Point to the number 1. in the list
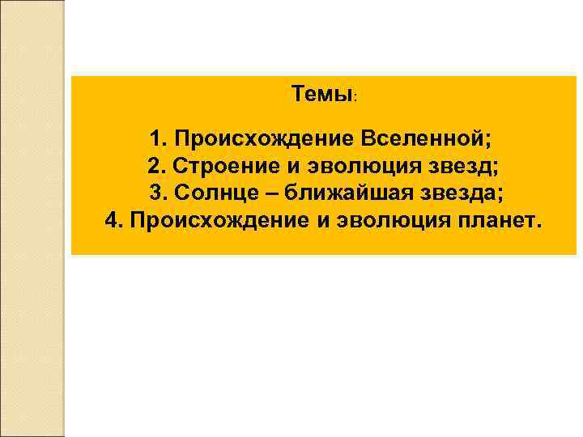pyautogui.click(x=159, y=138)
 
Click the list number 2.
pyautogui.click(x=157, y=167)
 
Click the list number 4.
pyautogui.click(x=114, y=221)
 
